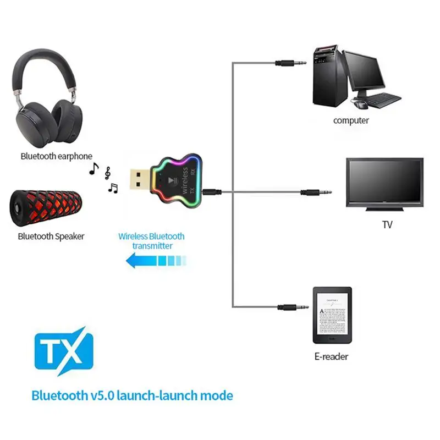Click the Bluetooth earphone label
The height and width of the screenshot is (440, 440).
click(x=56, y=156)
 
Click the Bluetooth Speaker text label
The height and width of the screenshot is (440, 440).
click(x=51, y=237)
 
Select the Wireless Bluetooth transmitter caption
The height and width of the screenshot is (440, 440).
click(x=152, y=241)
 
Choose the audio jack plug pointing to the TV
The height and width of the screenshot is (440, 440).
click(x=316, y=193)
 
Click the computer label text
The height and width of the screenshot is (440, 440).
click(x=351, y=120)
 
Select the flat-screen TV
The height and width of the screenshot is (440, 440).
click(x=384, y=182)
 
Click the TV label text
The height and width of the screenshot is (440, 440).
click(x=387, y=225)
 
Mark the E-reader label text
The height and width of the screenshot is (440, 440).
click(x=331, y=356)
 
